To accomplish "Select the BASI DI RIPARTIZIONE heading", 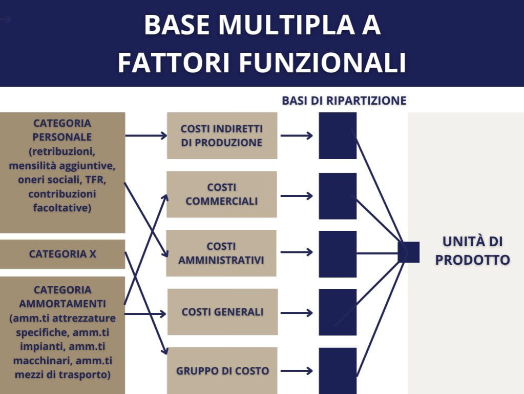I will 344,101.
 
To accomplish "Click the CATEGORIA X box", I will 62,254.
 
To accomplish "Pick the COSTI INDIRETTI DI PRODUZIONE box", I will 222,135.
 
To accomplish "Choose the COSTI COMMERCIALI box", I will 222,194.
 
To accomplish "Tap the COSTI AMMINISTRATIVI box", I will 221,253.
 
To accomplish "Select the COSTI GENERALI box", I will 222,312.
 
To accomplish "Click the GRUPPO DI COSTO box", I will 222,370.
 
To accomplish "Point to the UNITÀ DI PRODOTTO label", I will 472,250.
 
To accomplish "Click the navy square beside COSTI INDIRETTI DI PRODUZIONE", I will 338,135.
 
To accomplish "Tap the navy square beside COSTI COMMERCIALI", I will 338,195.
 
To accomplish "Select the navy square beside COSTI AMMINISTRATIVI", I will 338,253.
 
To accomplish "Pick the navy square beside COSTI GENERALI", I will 338,312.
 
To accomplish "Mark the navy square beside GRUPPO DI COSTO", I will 338,370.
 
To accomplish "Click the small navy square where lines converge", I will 408,252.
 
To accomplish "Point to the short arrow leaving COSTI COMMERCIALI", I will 297,195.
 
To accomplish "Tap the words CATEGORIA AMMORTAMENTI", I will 62,297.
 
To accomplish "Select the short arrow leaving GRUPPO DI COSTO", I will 297,370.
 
